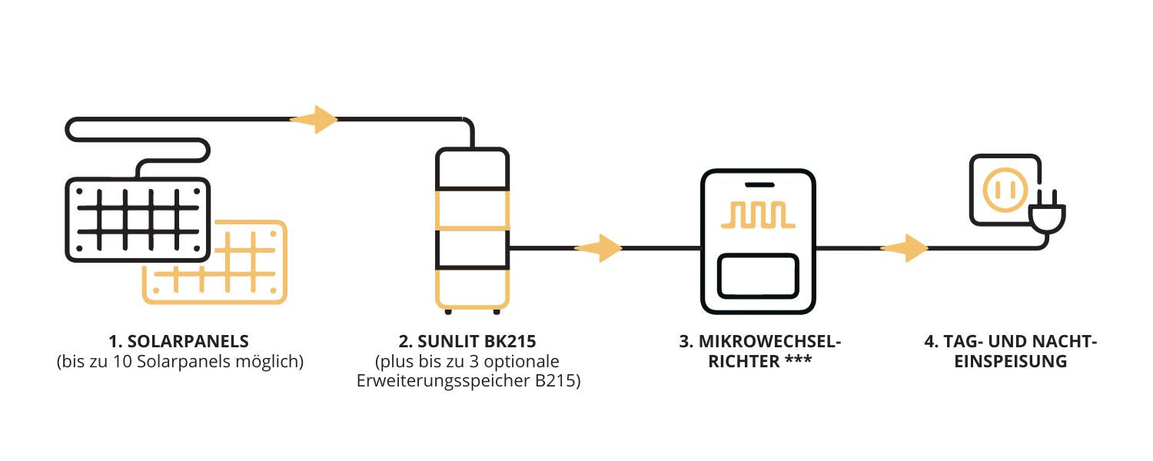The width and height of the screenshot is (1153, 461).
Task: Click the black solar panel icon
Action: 138,219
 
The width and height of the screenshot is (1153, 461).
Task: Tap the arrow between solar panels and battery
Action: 314,119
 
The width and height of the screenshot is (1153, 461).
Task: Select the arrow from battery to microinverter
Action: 599,248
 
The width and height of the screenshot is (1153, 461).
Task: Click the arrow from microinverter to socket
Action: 905,248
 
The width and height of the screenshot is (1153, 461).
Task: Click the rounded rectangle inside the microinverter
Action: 757,277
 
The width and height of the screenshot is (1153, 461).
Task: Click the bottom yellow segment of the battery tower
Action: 472,288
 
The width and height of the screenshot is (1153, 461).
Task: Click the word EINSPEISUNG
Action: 1010,362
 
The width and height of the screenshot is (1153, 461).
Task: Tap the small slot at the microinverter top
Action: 757,185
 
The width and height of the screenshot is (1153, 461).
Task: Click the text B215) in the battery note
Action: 555,382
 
